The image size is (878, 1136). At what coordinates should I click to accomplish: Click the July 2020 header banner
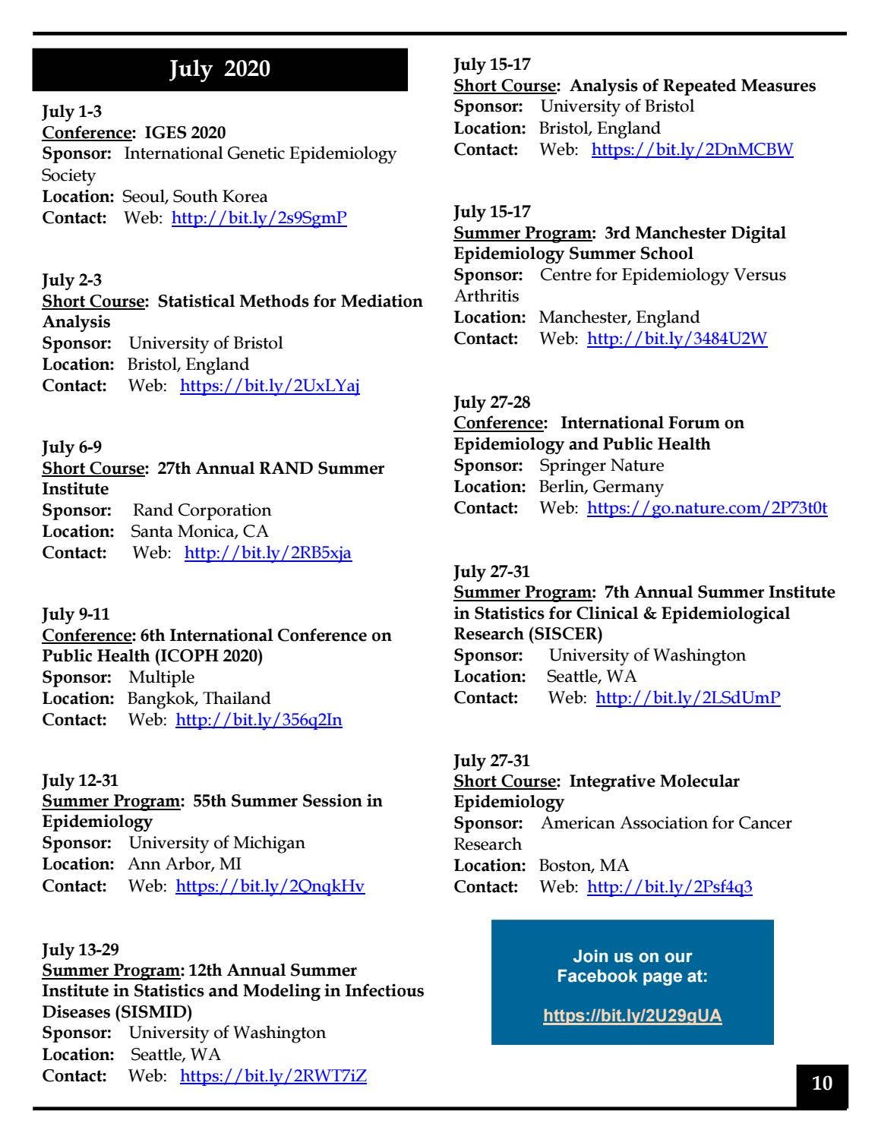pyautogui.click(x=219, y=69)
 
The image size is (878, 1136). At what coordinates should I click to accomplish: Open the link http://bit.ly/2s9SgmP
pyautogui.click(x=259, y=218)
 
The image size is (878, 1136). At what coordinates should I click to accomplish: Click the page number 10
pyautogui.click(x=822, y=1083)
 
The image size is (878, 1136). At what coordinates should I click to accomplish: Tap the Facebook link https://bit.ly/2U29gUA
pyautogui.click(x=632, y=1016)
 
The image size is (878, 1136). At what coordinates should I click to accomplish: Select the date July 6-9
pyautogui.click(x=71, y=447)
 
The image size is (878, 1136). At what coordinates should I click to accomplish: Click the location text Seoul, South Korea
pyautogui.click(x=195, y=197)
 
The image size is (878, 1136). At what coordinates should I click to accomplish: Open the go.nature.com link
pyautogui.click(x=706, y=507)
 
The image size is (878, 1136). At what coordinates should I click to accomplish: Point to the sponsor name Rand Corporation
pyautogui.click(x=202, y=510)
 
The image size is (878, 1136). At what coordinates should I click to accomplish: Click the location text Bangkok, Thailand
pyautogui.click(x=198, y=699)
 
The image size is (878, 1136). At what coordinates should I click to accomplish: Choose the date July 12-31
pyautogui.click(x=80, y=780)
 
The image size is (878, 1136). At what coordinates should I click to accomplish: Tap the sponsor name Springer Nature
pyautogui.click(x=601, y=465)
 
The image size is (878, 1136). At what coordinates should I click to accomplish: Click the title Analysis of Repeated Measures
pyautogui.click(x=693, y=86)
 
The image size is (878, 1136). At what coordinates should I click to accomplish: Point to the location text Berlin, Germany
pyautogui.click(x=601, y=487)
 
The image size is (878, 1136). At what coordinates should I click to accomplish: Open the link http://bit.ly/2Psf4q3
pyautogui.click(x=669, y=886)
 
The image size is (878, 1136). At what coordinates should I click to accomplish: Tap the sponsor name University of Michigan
pyautogui.click(x=216, y=843)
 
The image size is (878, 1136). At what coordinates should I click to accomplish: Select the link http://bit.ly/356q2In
pyautogui.click(x=258, y=719)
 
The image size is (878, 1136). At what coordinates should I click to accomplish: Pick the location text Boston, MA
pyautogui.click(x=583, y=866)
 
